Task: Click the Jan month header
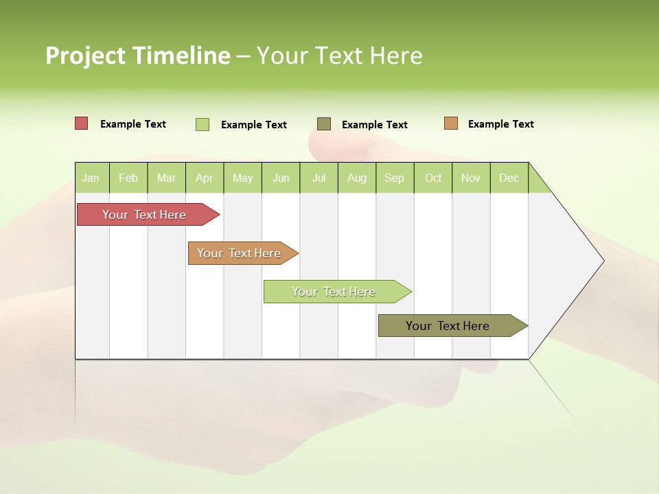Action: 91,178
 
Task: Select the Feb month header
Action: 128,178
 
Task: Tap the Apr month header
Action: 204,178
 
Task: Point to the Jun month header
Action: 281,178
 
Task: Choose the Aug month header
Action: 356,178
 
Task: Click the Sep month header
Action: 394,178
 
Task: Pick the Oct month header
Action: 433,178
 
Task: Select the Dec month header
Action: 509,178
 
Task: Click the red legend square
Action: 82,123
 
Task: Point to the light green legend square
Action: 203,124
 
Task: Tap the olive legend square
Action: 324,123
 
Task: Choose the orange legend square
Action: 451,123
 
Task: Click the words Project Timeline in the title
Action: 138,56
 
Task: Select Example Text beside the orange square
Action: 500,124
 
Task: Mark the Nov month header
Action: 471,178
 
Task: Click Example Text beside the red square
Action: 133,124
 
